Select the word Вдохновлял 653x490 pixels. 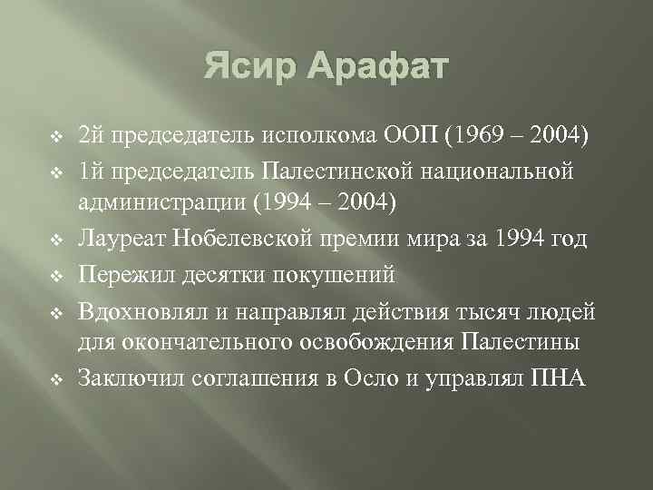(x=137, y=311)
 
